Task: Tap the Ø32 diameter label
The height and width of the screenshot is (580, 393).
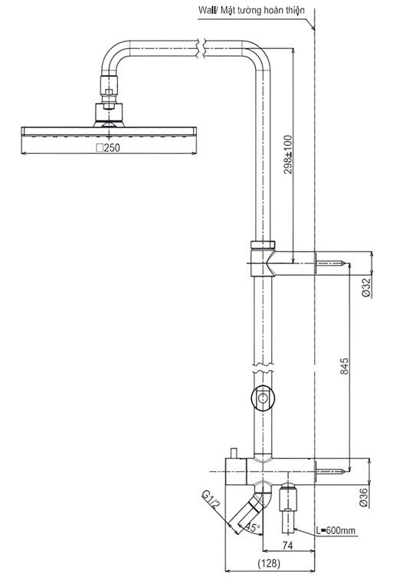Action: click(367, 287)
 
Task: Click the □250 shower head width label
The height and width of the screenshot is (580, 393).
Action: click(108, 147)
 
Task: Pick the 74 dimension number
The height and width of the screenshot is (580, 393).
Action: click(288, 546)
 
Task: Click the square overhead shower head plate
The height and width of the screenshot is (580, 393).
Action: click(108, 131)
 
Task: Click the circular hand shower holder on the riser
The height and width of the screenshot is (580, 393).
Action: click(263, 398)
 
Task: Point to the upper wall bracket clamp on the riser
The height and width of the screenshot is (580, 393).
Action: click(263, 257)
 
